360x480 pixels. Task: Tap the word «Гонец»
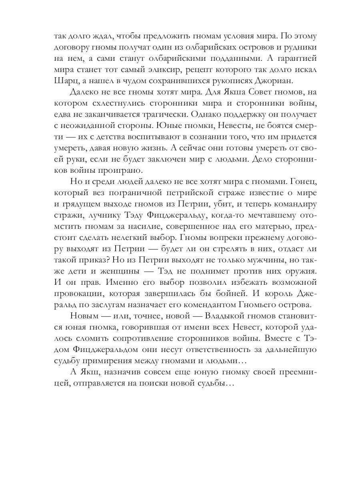(301, 181)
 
